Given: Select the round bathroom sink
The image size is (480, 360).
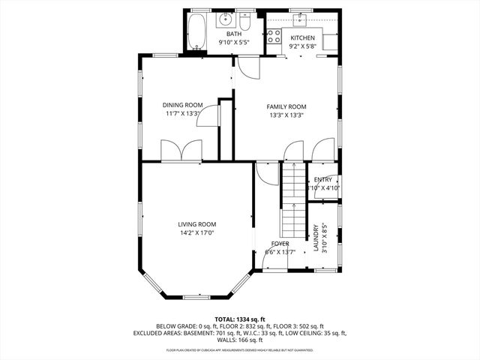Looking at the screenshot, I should pos(224,20).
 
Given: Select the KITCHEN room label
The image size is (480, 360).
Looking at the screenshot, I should pos(303,37).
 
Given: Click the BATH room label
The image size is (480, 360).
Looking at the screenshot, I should pos(234,34).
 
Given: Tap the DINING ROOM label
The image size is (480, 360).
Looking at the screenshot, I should pos(183,105).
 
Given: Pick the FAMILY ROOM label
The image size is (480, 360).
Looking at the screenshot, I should pos(286,106).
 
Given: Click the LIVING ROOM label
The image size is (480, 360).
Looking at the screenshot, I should pos(196,224).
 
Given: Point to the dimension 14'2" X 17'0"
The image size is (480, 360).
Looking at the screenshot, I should pos(196,232).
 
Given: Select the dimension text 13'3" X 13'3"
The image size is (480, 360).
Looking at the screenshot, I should pos(286,115).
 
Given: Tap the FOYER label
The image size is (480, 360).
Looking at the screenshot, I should pos(280,244).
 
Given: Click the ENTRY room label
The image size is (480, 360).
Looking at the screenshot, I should pos(322,180).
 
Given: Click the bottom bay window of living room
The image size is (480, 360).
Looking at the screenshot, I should pos(196,297).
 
